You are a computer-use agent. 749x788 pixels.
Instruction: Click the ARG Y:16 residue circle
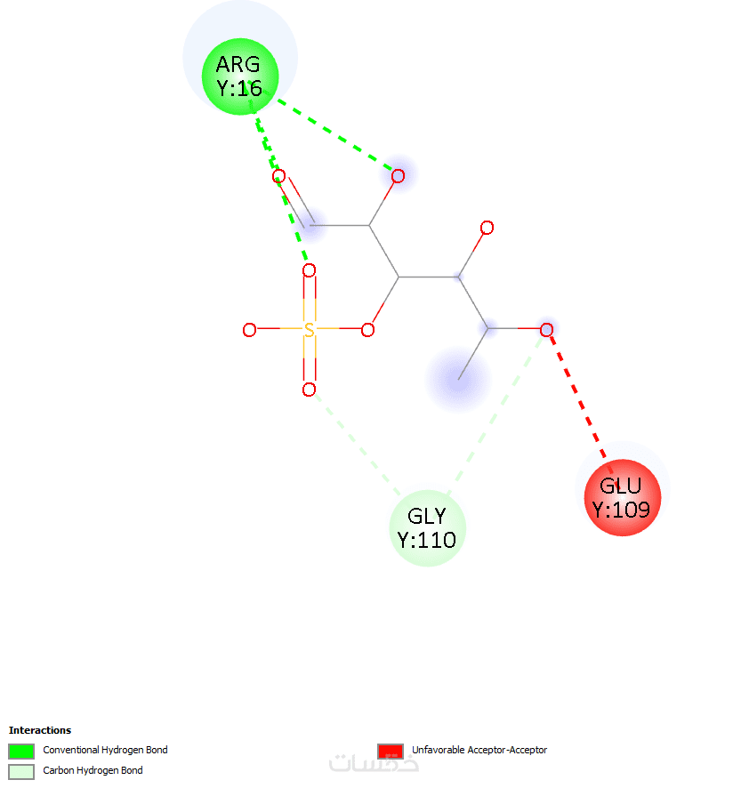[x=240, y=76]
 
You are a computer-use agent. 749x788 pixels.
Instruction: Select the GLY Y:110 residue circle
[x=427, y=528]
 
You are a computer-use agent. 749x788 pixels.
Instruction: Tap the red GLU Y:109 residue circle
[x=623, y=497]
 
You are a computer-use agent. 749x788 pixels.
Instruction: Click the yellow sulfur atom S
[x=310, y=330]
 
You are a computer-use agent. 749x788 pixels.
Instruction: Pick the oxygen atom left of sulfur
[x=249, y=330]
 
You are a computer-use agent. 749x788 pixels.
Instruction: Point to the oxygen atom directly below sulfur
[x=310, y=390]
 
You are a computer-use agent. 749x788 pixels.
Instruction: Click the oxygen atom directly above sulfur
[x=310, y=271]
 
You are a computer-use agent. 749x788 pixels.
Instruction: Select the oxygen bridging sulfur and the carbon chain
[x=368, y=330]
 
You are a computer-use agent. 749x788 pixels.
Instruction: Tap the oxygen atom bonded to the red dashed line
[x=546, y=330]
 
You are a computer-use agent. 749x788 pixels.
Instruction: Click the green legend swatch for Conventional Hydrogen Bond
[x=21, y=751]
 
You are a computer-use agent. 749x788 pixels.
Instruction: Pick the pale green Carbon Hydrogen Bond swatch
[x=21, y=771]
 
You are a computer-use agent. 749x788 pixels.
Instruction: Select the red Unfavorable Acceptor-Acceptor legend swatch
[x=391, y=751]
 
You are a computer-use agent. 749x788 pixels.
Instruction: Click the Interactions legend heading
[x=40, y=730]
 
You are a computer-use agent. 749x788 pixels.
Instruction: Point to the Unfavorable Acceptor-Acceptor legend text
[x=479, y=750]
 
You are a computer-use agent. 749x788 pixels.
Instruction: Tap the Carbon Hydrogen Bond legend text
[x=93, y=770]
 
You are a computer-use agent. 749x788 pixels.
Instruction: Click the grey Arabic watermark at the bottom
[x=374, y=762]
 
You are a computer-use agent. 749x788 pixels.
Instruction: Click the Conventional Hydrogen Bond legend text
[x=105, y=750]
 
